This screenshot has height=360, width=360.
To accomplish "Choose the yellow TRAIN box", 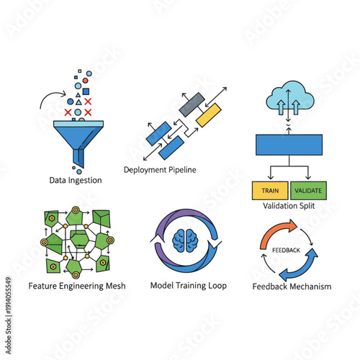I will click(x=270, y=191).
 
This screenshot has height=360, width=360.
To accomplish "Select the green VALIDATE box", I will click(x=308, y=191).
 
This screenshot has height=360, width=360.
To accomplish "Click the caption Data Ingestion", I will click(x=76, y=180).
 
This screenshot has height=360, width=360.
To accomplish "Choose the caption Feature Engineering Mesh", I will click(x=76, y=286).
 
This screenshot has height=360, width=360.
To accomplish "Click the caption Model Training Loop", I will click(x=188, y=285).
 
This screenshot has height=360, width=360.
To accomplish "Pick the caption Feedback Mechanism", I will click(x=292, y=287).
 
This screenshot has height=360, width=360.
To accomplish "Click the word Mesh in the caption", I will click(x=115, y=286).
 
